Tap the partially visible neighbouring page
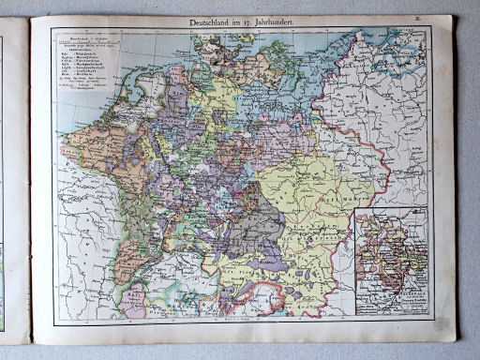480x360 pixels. [x=11, y=178]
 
